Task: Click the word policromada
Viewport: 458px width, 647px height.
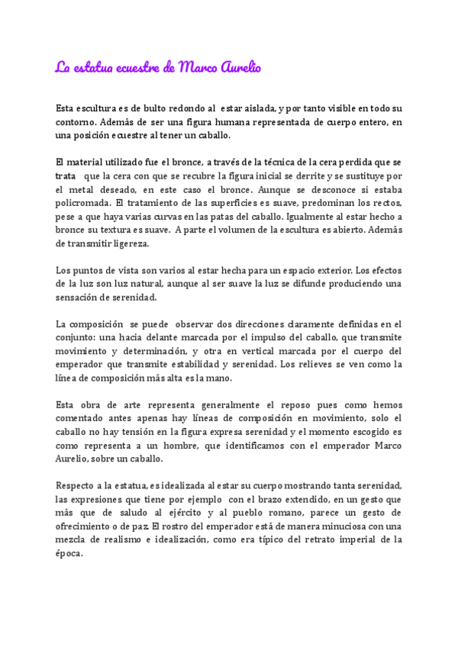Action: tap(82, 204)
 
